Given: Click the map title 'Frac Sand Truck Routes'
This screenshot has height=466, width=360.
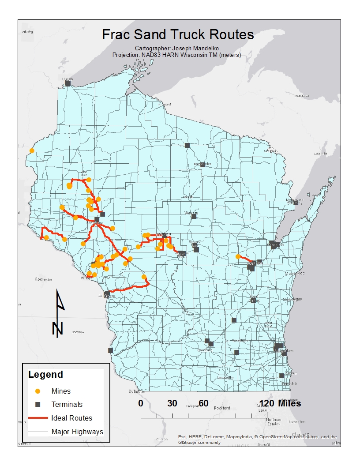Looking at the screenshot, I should click(178, 35).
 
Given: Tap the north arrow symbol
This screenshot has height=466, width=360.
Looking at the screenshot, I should click(59, 313).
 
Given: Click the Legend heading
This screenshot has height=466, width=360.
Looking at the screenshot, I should click(45, 375).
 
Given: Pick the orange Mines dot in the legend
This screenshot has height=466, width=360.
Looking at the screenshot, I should click(38, 391).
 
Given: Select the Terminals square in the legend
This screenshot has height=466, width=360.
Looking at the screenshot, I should click(38, 404).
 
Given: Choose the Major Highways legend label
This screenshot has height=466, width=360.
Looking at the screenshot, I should click(77, 432).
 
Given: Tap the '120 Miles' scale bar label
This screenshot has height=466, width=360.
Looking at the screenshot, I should click(281, 403).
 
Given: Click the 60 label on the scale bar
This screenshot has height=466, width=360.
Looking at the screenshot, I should click(203, 403).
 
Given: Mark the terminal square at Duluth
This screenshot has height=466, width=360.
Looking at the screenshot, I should click(68, 83).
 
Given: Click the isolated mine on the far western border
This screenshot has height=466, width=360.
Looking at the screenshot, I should click(32, 150).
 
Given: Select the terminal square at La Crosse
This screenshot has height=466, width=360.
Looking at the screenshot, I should click(107, 293).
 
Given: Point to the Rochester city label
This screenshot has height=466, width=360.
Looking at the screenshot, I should click(44, 279).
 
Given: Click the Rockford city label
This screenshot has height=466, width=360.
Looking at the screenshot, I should click(222, 408).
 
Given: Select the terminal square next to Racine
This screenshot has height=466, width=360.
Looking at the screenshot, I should click(281, 376).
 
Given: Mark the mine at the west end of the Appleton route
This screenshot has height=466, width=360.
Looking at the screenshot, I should click(238, 256).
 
